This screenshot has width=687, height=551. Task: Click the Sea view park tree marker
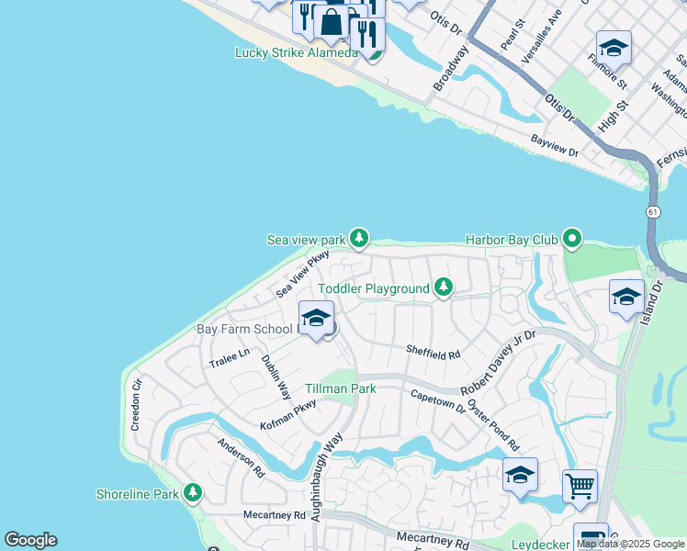[x=359, y=240]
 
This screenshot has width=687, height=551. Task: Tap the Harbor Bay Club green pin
[x=572, y=240]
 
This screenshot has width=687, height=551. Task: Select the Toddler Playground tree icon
[x=444, y=288]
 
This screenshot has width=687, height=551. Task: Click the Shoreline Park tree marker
[x=192, y=494]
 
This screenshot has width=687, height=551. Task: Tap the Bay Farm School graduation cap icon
[x=316, y=319]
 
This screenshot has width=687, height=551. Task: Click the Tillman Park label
[x=341, y=388]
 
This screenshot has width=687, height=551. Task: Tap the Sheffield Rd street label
[x=432, y=351]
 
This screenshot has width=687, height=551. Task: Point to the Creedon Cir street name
[x=137, y=404]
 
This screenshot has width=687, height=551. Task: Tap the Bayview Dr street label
[x=555, y=144]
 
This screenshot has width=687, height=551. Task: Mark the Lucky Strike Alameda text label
[x=296, y=52]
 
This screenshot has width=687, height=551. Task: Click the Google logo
[x=30, y=540]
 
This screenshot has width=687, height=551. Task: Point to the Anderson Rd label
[x=241, y=457]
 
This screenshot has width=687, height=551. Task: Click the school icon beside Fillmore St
[x=614, y=47]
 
